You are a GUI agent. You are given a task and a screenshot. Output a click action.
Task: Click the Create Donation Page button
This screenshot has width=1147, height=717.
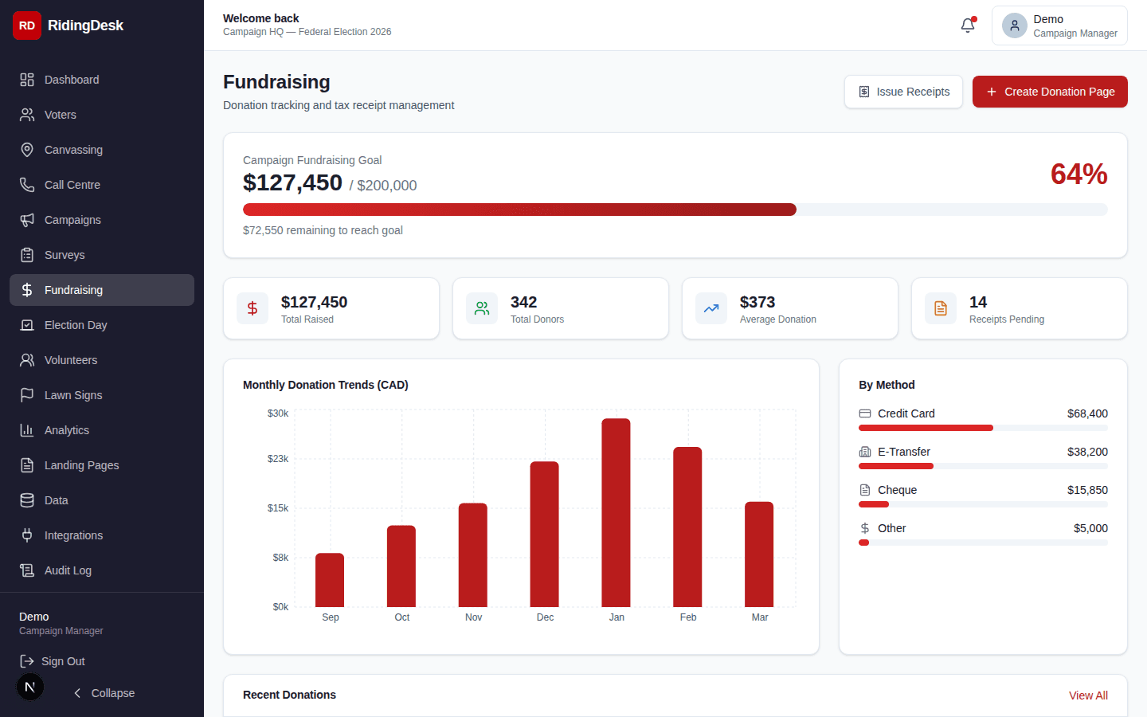(x=1050, y=92)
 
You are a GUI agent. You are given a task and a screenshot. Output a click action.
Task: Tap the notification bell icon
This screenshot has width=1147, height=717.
(x=968, y=25)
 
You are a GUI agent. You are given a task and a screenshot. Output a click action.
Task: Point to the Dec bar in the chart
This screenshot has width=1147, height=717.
(x=544, y=534)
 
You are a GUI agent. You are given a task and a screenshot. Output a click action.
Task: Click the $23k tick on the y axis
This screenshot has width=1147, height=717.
(x=278, y=459)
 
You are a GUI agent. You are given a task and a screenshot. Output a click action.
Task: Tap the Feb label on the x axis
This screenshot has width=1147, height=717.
(x=688, y=617)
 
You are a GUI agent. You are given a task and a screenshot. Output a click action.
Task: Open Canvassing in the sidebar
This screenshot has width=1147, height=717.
(x=73, y=150)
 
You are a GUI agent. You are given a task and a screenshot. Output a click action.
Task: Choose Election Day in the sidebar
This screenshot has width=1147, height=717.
(x=76, y=325)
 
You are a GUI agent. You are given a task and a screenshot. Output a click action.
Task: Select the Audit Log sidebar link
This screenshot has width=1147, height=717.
(x=68, y=570)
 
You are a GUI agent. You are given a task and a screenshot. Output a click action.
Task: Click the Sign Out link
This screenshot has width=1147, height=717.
(x=63, y=661)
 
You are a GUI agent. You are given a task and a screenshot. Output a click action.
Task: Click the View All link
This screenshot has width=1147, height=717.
(x=1088, y=695)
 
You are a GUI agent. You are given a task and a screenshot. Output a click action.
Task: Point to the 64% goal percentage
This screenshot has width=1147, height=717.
(x=1078, y=174)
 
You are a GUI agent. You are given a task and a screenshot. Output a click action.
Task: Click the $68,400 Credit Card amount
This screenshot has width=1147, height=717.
(x=1087, y=413)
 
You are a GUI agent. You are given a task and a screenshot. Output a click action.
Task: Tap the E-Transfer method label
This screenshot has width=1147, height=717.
(x=903, y=452)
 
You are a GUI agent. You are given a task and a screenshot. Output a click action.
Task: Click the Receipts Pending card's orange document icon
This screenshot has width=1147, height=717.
(x=941, y=308)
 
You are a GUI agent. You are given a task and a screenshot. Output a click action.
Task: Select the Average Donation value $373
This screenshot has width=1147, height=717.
(x=757, y=302)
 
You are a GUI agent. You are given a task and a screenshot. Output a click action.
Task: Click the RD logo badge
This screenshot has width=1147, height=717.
(x=27, y=25)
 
